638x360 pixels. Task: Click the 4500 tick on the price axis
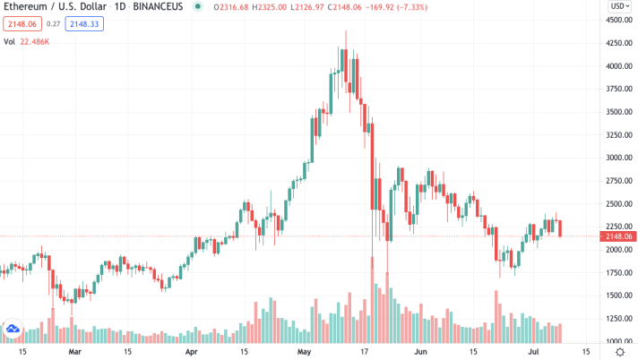[615, 20]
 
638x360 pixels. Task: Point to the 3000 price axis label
[615, 158]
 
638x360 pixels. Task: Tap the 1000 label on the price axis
[615, 341]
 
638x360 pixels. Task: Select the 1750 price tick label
[615, 272]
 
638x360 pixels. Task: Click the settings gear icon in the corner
[620, 353]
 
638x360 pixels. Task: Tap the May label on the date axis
[302, 353]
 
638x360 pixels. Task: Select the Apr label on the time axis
[191, 353]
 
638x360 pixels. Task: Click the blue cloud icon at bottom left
[13, 329]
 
